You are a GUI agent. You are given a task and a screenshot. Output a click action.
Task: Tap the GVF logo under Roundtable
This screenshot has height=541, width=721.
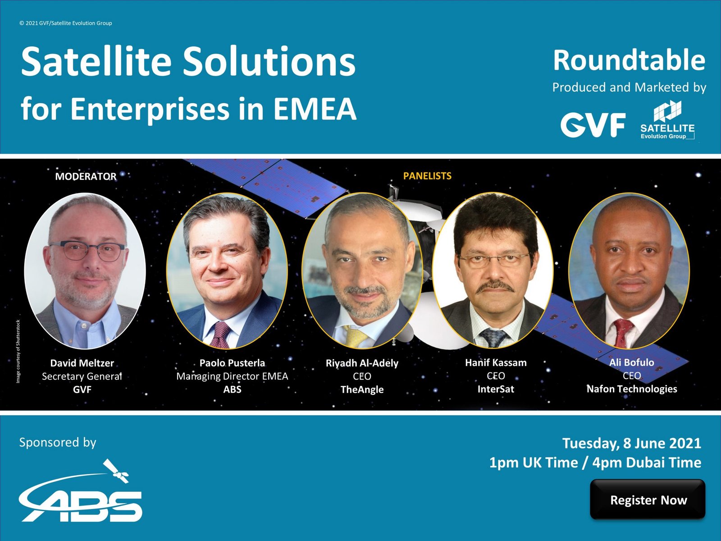(593, 124)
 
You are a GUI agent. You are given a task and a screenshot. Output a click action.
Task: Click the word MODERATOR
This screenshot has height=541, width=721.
(86, 176)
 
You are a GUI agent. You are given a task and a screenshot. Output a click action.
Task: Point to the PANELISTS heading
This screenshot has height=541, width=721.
(427, 176)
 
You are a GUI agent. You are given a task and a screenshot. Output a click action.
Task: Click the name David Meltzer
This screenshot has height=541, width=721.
(82, 363)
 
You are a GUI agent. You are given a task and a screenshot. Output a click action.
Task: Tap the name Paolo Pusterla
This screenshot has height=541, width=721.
(232, 363)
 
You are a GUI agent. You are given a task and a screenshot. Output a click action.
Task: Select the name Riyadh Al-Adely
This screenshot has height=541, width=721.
(362, 363)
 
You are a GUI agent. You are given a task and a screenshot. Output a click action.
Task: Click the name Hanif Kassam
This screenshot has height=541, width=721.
(496, 362)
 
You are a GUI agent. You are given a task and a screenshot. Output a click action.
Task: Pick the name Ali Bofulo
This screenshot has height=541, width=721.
(632, 362)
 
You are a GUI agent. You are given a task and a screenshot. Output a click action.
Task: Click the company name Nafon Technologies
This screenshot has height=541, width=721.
(632, 389)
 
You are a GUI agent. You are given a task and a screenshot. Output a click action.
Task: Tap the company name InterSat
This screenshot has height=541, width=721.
(496, 389)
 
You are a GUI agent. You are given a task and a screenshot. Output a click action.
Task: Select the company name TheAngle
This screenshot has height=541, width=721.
(362, 389)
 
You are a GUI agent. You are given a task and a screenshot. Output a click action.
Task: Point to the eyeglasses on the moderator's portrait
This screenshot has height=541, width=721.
(87, 251)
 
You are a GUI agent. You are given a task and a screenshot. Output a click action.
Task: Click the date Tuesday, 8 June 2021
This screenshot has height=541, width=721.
(632, 443)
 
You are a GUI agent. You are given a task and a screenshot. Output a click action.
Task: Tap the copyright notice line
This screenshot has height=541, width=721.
(66, 23)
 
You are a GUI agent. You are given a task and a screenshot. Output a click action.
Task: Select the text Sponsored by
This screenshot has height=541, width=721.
(58, 442)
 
